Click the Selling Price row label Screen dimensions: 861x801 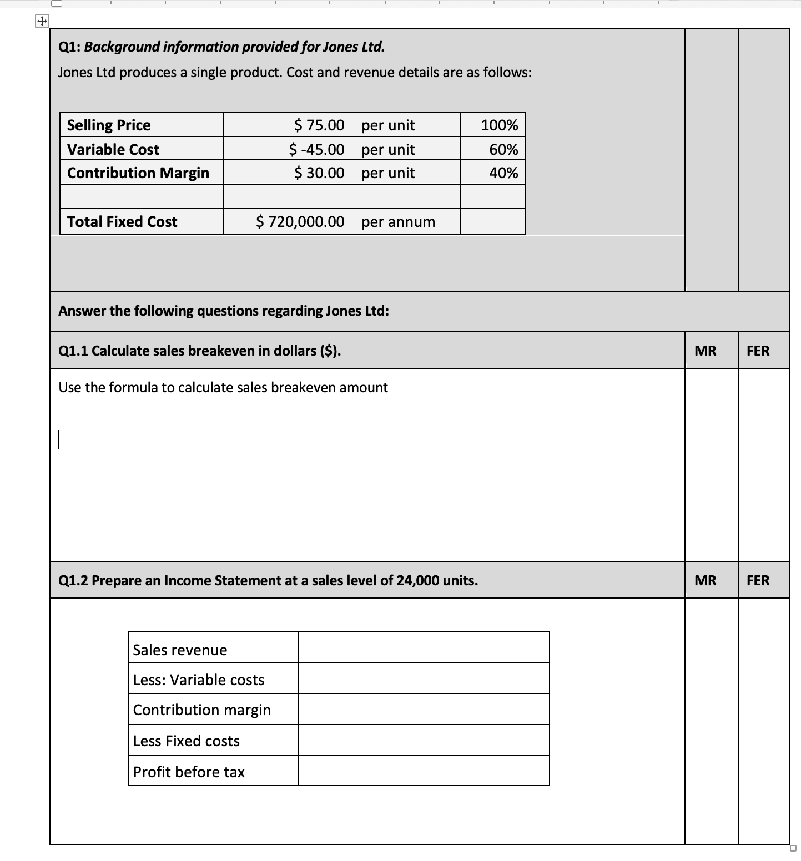tap(109, 125)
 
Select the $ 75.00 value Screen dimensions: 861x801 tap(319, 125)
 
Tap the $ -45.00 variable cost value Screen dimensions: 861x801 tap(316, 150)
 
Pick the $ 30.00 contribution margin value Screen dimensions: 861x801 tap(319, 173)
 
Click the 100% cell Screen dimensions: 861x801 tap(499, 125)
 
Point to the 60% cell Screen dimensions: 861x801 tap(503, 150)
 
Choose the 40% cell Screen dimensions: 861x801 tap(503, 173)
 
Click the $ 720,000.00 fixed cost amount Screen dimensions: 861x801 tap(300, 222)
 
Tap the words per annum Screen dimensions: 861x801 tap(398, 222)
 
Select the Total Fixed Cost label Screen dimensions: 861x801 tap(122, 222)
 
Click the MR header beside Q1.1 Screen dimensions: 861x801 tap(706, 351)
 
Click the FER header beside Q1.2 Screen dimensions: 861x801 tap(758, 580)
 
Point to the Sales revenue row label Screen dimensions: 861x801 tap(180, 650)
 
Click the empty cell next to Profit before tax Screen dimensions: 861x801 tap(424, 771)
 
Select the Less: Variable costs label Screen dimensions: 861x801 tap(199, 680)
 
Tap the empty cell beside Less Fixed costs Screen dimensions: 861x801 tap(424, 740)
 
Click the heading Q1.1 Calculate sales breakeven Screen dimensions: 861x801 tap(199, 351)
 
